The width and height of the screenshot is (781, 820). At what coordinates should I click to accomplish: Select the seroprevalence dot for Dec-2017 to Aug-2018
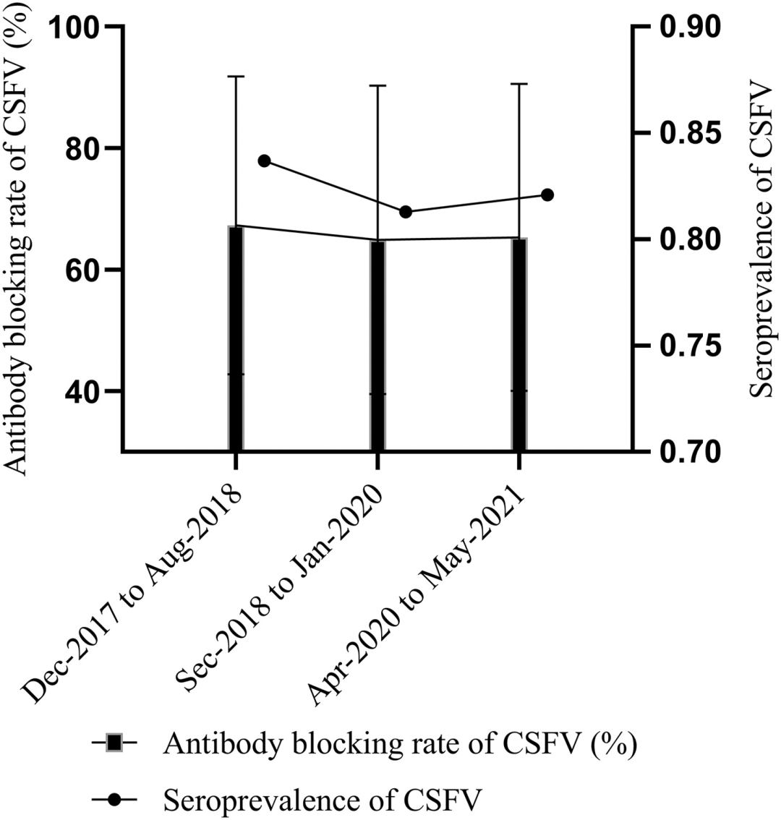[264, 161]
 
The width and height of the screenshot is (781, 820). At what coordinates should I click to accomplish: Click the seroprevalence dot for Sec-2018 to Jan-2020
[406, 212]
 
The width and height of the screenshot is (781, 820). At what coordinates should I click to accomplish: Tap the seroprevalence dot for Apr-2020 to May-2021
[547, 195]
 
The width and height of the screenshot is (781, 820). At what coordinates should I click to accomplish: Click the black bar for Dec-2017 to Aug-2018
[236, 340]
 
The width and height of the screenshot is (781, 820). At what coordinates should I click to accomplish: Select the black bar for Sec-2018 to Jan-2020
[377, 347]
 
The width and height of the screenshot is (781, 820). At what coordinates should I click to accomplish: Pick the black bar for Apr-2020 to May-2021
[519, 346]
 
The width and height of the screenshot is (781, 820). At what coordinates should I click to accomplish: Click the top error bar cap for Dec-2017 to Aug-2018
[236, 76]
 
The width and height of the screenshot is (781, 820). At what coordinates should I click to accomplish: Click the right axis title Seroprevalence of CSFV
[759, 239]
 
